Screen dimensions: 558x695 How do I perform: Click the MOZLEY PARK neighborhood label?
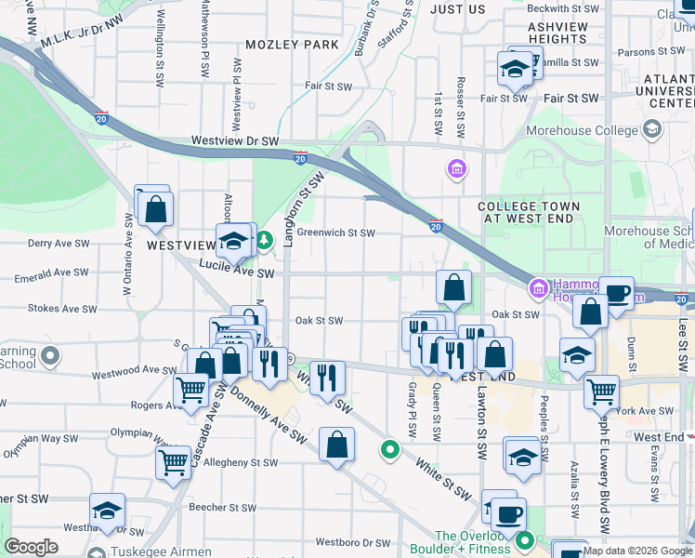point(293,45)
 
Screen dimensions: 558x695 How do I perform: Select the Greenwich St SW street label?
point(335,233)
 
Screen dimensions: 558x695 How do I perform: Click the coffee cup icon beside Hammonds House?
point(615,294)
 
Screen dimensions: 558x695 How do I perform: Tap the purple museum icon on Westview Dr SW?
point(457,169)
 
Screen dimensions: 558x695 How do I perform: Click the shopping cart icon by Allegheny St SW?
point(174,461)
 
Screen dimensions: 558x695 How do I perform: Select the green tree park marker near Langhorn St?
point(265,242)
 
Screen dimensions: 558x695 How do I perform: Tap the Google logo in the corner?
point(31,547)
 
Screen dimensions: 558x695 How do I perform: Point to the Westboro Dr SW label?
point(353,542)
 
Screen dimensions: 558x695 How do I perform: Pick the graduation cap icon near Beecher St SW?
point(107,511)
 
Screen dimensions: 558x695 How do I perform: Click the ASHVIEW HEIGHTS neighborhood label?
point(557,34)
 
